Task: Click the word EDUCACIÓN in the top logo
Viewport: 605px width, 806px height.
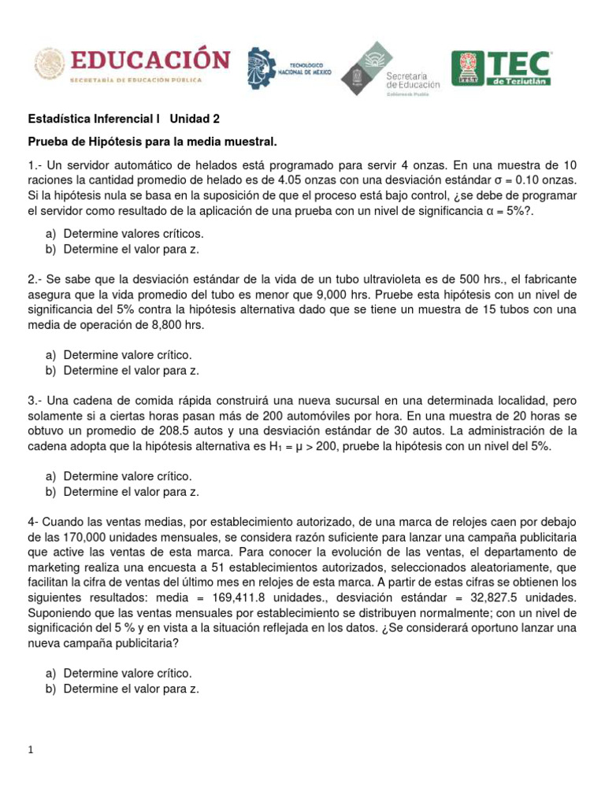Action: click(150, 61)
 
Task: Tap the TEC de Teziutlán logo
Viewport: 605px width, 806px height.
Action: click(501, 68)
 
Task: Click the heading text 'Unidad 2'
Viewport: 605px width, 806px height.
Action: click(195, 119)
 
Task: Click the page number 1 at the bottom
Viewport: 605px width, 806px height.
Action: click(31, 751)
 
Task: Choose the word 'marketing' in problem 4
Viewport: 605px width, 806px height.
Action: click(53, 567)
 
